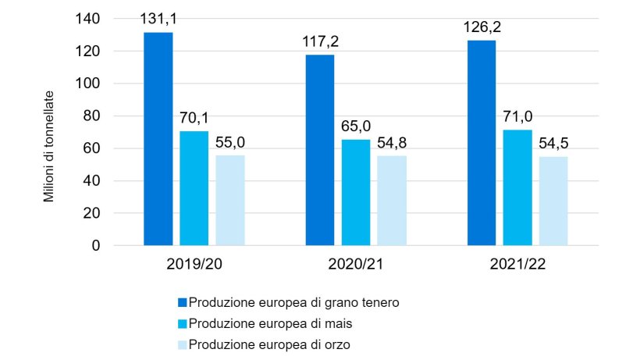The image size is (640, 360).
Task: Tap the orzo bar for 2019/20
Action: coord(230,201)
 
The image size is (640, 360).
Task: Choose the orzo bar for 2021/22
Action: coord(553,201)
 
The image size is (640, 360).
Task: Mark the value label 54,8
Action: coord(392,144)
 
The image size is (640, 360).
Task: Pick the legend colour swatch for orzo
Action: coord(183,344)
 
